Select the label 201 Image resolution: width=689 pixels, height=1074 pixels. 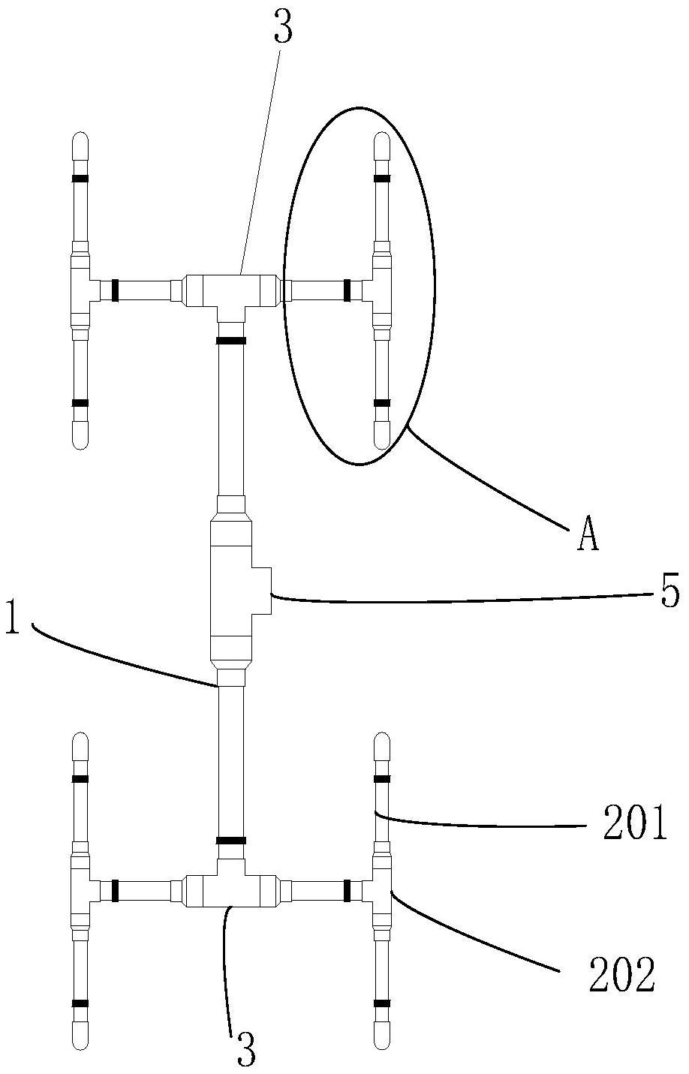click(x=635, y=822)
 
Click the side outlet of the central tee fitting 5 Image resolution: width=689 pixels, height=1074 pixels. click(x=261, y=590)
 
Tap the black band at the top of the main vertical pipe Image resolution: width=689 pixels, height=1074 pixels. click(x=231, y=341)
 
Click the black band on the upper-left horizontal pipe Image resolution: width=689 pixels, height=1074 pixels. click(x=115, y=290)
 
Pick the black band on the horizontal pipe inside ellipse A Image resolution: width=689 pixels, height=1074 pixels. click(x=348, y=290)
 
